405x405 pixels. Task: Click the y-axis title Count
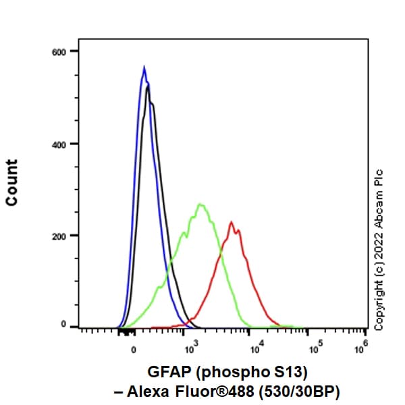tap(11, 182)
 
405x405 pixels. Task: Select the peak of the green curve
tap(200, 203)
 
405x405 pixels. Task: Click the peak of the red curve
tap(231, 221)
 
